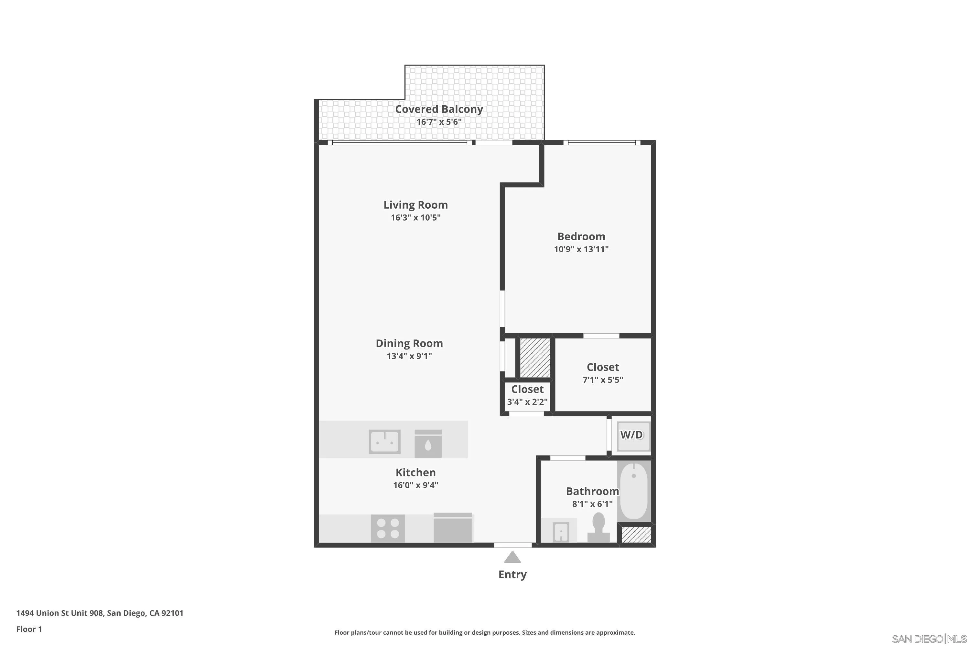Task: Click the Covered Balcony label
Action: click(x=439, y=109)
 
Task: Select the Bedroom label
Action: click(x=581, y=236)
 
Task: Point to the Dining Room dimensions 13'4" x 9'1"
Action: click(x=409, y=356)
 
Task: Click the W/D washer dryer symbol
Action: click(x=631, y=435)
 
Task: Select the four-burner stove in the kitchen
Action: click(x=388, y=528)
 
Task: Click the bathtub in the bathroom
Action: click(x=633, y=490)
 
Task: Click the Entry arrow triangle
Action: click(x=512, y=557)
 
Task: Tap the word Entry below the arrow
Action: click(x=512, y=574)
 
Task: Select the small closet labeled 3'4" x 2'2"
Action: click(x=527, y=395)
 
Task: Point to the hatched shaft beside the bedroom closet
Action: click(x=535, y=358)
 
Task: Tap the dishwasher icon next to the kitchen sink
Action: click(x=428, y=443)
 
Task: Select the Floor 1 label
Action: click(x=29, y=629)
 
